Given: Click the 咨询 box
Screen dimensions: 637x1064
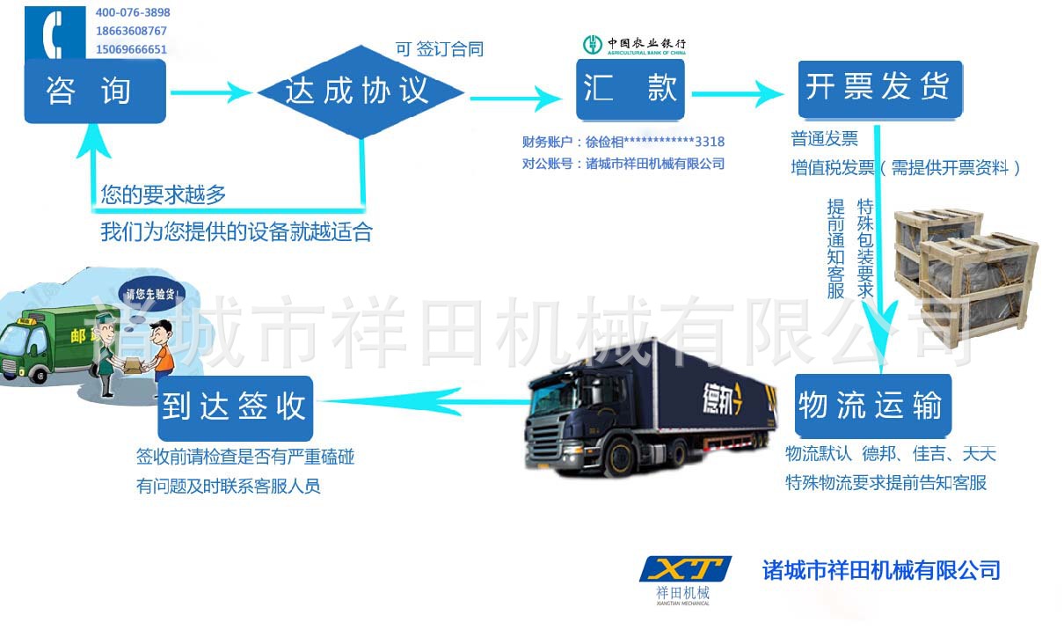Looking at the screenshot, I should [94, 92].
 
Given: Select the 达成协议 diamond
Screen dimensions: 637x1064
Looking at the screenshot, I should [360, 92].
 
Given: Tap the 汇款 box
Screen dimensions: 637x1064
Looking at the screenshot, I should [630, 90].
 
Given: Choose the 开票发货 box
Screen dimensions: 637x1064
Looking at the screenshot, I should [879, 89].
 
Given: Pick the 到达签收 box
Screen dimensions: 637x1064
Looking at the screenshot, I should [234, 407].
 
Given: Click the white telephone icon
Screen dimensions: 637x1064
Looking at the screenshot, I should [55, 33].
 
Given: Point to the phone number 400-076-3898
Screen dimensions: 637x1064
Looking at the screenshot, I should [133, 13].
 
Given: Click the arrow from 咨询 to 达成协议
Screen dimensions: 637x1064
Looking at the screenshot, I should [211, 92].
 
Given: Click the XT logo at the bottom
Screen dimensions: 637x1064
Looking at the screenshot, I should [684, 570].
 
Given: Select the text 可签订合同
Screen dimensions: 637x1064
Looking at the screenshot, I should [439, 49].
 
